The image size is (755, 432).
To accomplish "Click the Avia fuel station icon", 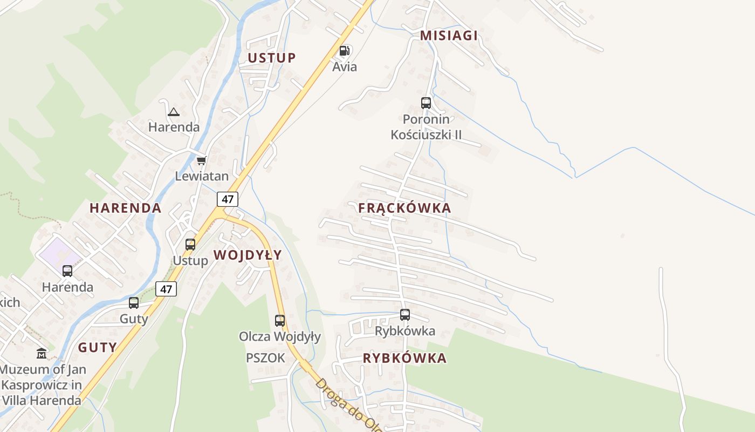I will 344,51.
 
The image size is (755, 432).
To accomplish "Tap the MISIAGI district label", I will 449,36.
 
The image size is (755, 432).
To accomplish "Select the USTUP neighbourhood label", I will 271,58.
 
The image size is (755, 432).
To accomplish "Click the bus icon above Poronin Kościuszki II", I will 426,103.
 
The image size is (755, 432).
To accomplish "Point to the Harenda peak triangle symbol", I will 173,112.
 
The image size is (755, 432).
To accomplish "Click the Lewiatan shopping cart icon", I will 202,160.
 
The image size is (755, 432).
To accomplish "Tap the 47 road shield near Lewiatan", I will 228,199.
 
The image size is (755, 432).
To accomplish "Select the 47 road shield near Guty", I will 166,289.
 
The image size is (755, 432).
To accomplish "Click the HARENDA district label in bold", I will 125,208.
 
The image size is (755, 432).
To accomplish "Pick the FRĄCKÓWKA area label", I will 404,208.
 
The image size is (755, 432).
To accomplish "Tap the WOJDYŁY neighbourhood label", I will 248,255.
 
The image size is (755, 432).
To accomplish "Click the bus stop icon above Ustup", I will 190,244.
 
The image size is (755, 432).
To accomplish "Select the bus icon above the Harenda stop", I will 67,271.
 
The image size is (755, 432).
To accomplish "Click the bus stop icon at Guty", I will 134,302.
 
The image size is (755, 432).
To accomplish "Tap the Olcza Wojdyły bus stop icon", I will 279,320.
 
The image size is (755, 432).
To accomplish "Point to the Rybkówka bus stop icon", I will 405,314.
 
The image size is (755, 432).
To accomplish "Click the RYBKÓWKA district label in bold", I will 404,358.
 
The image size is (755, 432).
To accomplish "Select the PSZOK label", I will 265,357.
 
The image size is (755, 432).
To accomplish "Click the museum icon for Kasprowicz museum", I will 42,354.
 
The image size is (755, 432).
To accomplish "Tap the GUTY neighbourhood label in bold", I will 97,347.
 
